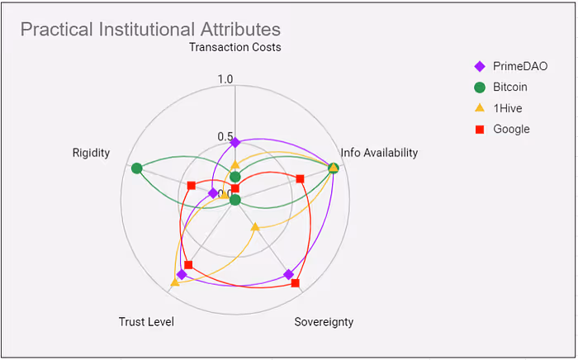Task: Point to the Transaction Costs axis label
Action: click(235, 47)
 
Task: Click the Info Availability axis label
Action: click(379, 153)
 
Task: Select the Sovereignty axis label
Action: click(324, 322)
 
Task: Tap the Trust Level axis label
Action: click(146, 322)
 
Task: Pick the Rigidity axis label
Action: click(91, 153)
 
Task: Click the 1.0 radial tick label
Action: click(225, 79)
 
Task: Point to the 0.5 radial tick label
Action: click(225, 136)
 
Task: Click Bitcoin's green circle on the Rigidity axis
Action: click(137, 168)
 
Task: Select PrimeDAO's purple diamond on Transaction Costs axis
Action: click(235, 143)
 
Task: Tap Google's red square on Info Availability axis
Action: click(300, 179)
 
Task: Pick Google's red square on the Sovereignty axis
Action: click(296, 284)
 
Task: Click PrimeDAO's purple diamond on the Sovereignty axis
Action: click(288, 274)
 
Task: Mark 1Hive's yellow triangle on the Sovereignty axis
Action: click(254, 226)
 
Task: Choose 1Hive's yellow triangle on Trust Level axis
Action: click(174, 283)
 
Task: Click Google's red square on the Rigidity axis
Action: click(191, 185)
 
